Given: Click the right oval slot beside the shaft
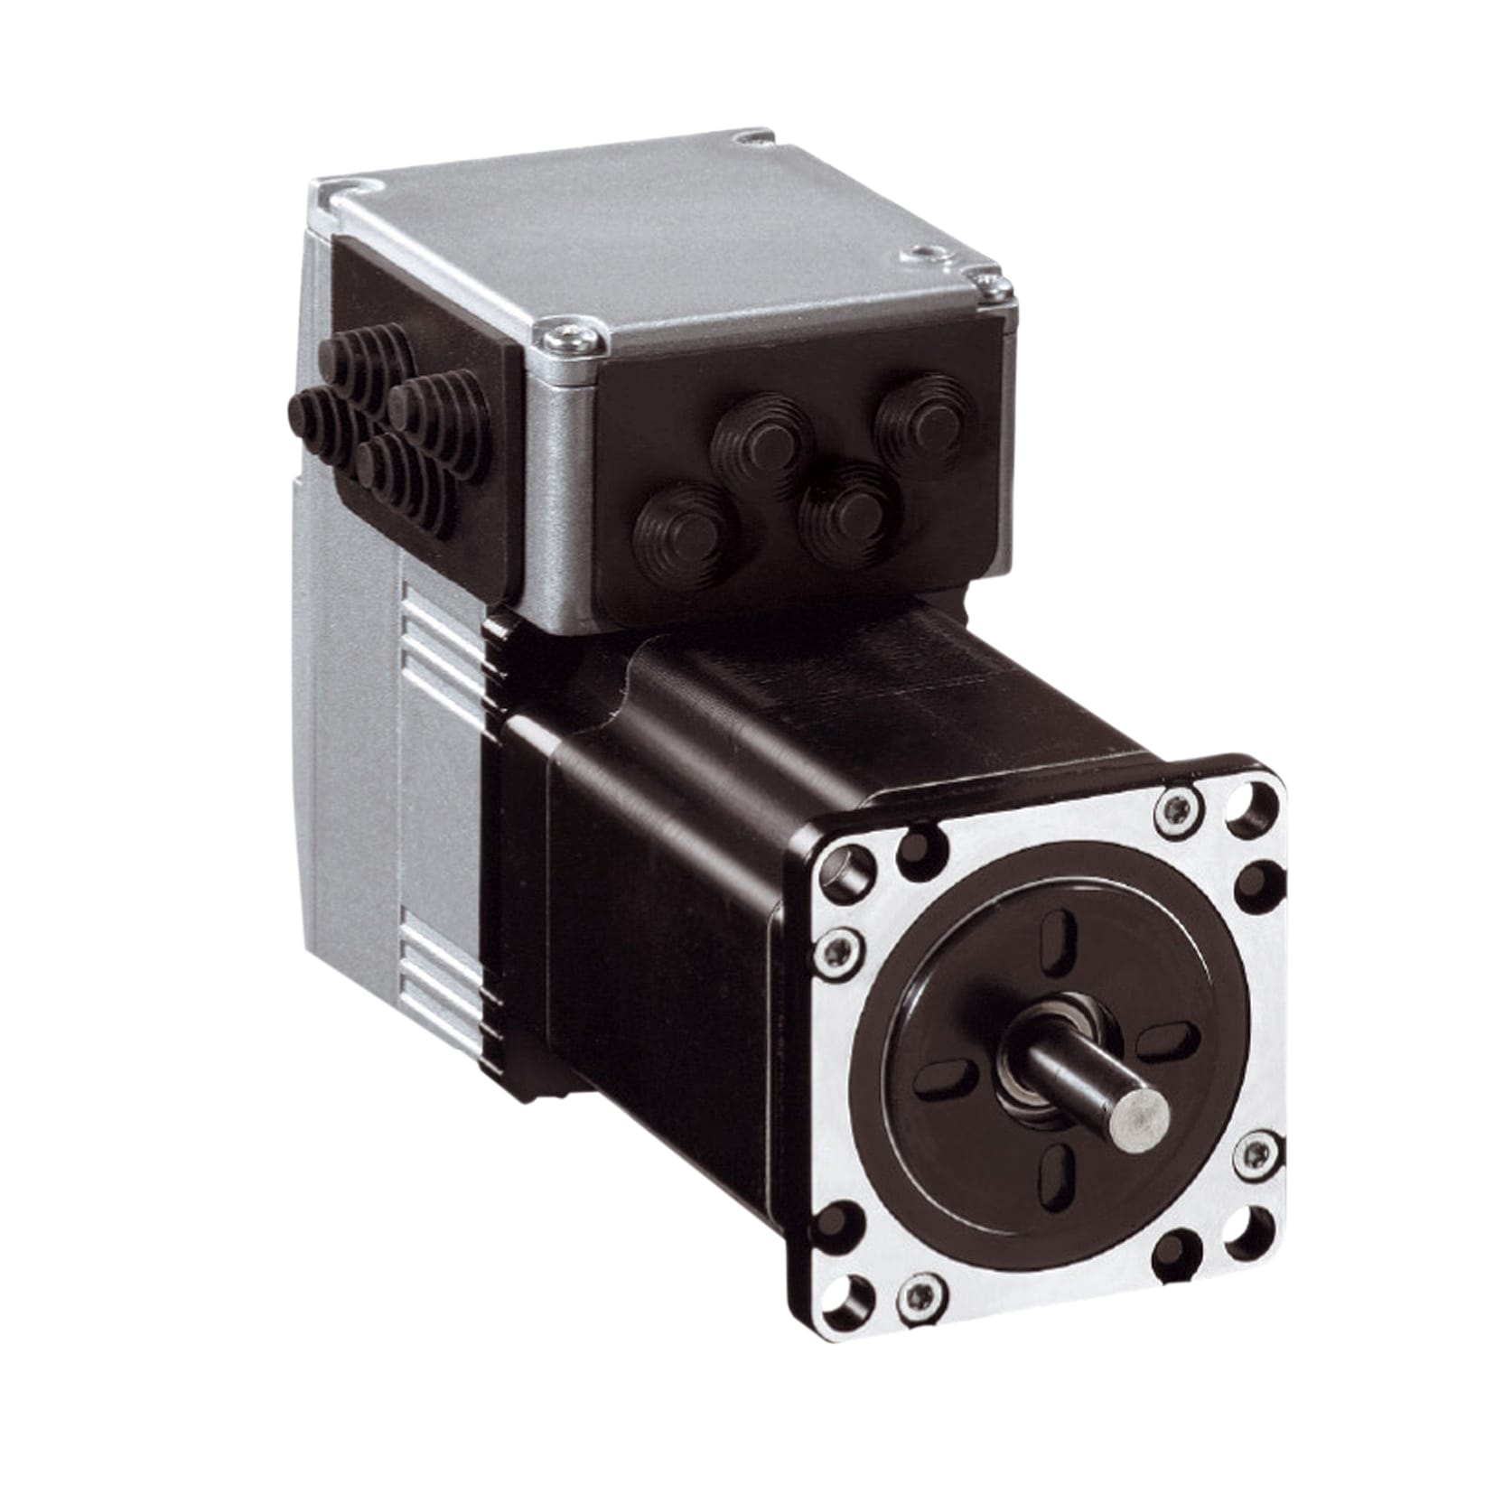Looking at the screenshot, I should click(1166, 1045).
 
